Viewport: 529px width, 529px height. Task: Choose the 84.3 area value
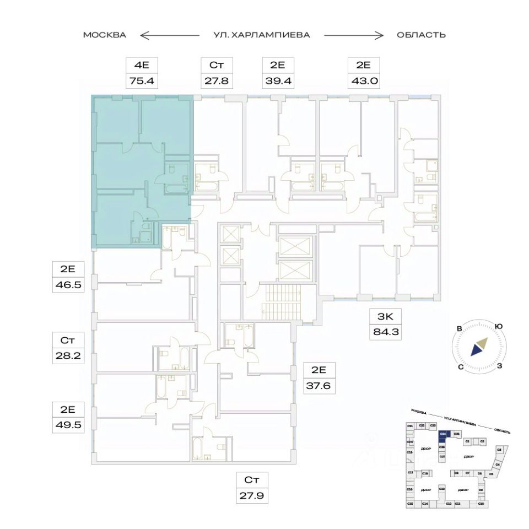pyautogui.click(x=384, y=333)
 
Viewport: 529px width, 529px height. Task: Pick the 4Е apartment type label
pyautogui.click(x=142, y=65)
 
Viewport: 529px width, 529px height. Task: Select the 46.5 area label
pyautogui.click(x=68, y=286)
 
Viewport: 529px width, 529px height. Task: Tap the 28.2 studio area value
pyautogui.click(x=68, y=356)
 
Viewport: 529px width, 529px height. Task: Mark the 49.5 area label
pyautogui.click(x=68, y=425)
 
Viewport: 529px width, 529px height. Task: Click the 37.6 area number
pyautogui.click(x=319, y=386)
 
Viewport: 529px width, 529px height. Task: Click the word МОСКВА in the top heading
pyautogui.click(x=105, y=35)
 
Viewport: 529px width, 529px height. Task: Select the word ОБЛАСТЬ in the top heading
pyautogui.click(x=421, y=35)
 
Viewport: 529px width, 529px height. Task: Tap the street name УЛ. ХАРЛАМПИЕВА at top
pyautogui.click(x=262, y=35)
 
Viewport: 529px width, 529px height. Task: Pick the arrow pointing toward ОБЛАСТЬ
pyautogui.click(x=353, y=35)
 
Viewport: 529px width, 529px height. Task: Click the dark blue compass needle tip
pyautogui.click(x=473, y=351)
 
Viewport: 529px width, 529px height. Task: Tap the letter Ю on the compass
pyautogui.click(x=499, y=327)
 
